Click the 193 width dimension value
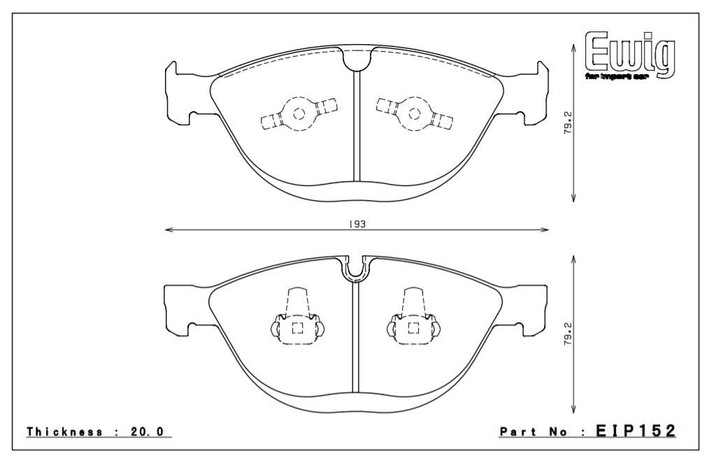tap(356, 224)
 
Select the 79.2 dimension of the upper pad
tap(568, 122)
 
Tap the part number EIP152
tap(636, 431)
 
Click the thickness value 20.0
tap(147, 432)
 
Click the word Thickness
tap(64, 432)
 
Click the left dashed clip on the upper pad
tap(299, 114)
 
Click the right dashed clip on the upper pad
tap(413, 113)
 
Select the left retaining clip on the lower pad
tap(296, 320)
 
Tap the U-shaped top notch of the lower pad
tap(357, 268)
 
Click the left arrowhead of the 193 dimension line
tap(168, 229)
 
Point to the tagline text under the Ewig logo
tap(617, 75)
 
